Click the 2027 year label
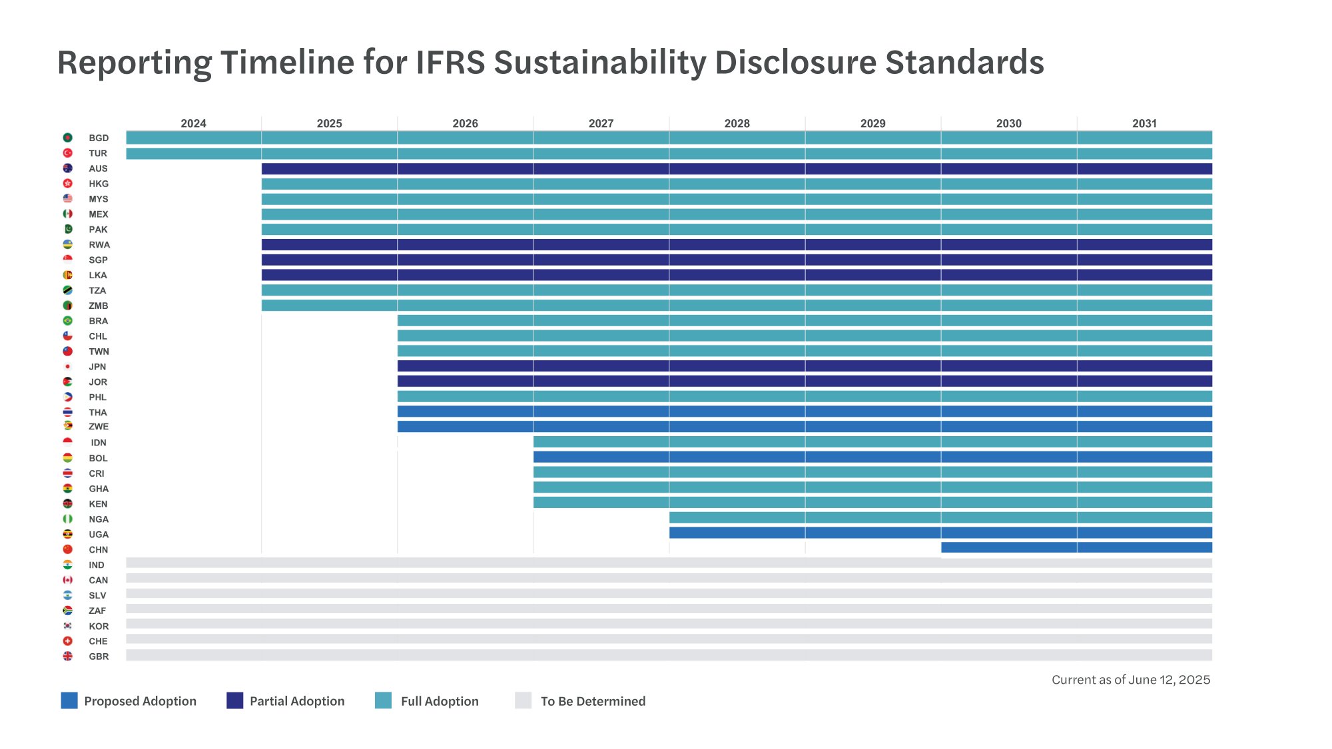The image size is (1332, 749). pyautogui.click(x=601, y=124)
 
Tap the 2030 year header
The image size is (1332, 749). pyautogui.click(x=1008, y=124)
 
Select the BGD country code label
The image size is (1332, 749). pyautogui.click(x=99, y=138)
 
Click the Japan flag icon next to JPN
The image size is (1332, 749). pyautogui.click(x=67, y=367)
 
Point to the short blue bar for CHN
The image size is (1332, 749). pyautogui.click(x=1076, y=548)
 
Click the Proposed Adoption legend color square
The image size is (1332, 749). pyautogui.click(x=69, y=700)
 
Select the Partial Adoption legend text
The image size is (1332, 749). pyautogui.click(x=297, y=701)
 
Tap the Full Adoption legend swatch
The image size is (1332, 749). pyautogui.click(x=383, y=700)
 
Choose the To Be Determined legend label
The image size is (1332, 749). pyautogui.click(x=593, y=701)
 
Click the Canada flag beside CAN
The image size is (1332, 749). pyautogui.click(x=67, y=580)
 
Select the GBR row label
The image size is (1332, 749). pyautogui.click(x=99, y=656)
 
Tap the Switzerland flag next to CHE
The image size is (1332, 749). pyautogui.click(x=67, y=641)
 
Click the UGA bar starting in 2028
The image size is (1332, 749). pyautogui.click(x=940, y=533)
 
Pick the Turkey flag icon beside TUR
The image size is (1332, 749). pyautogui.click(x=67, y=153)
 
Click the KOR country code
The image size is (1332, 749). pyautogui.click(x=99, y=626)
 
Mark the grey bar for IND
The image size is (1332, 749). pyautogui.click(x=669, y=563)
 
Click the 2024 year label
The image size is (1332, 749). pyautogui.click(x=193, y=124)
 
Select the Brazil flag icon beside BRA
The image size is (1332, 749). pyautogui.click(x=67, y=321)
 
